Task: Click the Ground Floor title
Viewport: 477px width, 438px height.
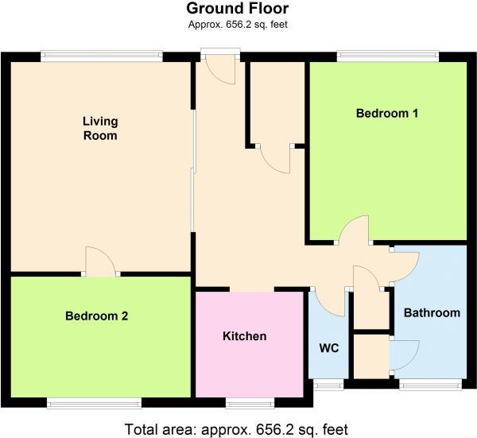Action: [238, 10]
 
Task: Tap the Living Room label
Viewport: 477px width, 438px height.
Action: [100, 128]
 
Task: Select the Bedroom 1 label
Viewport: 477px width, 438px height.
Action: [386, 113]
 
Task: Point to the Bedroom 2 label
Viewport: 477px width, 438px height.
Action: [96, 316]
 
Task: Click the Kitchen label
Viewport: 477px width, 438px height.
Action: [244, 336]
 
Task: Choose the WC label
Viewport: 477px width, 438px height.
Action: [329, 348]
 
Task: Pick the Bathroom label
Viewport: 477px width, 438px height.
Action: [432, 312]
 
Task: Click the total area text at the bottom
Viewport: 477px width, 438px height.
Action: [236, 429]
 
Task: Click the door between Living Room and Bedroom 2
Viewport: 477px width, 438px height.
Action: [101, 262]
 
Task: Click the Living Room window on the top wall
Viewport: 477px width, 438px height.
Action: [102, 56]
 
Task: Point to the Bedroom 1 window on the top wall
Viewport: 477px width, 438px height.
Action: [387, 56]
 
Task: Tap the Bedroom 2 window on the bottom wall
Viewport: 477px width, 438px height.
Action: [94, 403]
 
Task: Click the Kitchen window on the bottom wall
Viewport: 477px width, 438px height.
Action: [250, 403]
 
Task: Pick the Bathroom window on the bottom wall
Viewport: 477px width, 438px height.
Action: [429, 386]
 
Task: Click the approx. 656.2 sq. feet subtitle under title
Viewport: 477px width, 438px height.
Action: [238, 25]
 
